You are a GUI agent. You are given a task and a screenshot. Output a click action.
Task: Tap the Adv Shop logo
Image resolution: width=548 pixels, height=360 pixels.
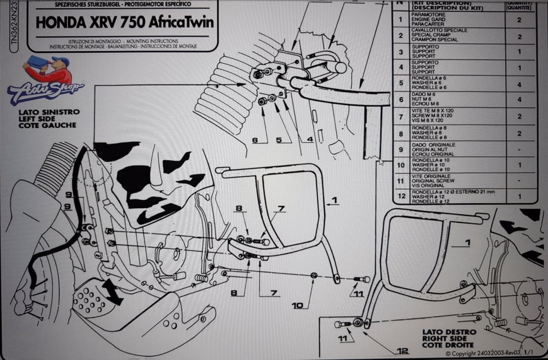(46, 82)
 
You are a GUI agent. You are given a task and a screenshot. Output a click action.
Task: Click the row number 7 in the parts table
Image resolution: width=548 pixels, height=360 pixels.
(400, 116)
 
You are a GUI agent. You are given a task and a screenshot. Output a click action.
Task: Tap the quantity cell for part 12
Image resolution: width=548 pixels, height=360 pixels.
(519, 196)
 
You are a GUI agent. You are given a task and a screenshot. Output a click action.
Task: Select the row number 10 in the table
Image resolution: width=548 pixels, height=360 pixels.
(400, 164)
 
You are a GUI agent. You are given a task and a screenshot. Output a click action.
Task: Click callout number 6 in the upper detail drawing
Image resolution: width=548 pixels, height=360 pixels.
(255, 140)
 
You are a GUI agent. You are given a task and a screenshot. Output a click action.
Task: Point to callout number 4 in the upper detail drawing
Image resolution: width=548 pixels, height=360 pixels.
(310, 140)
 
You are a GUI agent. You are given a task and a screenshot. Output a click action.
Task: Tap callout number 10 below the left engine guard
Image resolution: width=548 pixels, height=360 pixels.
(298, 305)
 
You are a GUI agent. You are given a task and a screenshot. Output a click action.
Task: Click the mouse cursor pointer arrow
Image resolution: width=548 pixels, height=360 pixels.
(381, 161)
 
